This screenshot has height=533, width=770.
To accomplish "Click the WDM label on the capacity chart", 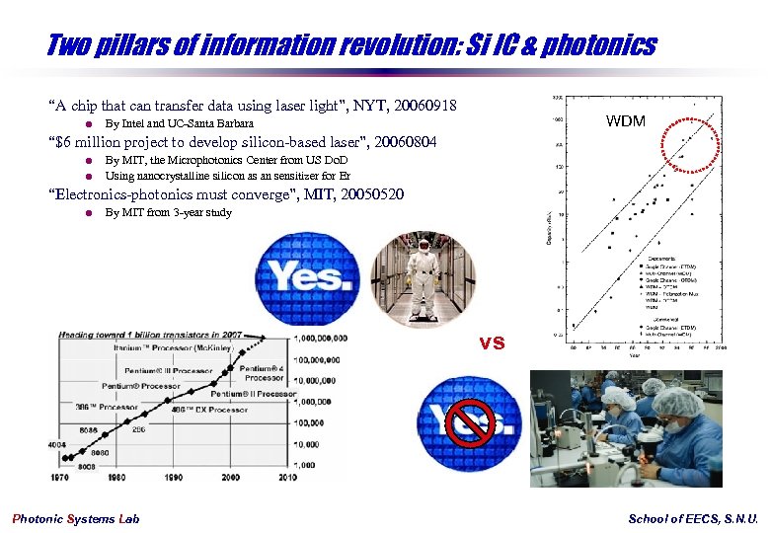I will pos(626,121).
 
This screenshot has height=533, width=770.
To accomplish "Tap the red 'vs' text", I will pos(493,343).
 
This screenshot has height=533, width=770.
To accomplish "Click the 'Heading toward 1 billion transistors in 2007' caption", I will pos(150,336).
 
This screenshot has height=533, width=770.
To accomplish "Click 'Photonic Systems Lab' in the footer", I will pos(76,519).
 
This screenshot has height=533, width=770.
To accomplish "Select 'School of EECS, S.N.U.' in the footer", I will pos(693,519).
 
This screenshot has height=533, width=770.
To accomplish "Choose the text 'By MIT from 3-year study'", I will pos(169,212).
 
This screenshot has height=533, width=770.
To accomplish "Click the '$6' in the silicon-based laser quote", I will pos(65,141).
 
